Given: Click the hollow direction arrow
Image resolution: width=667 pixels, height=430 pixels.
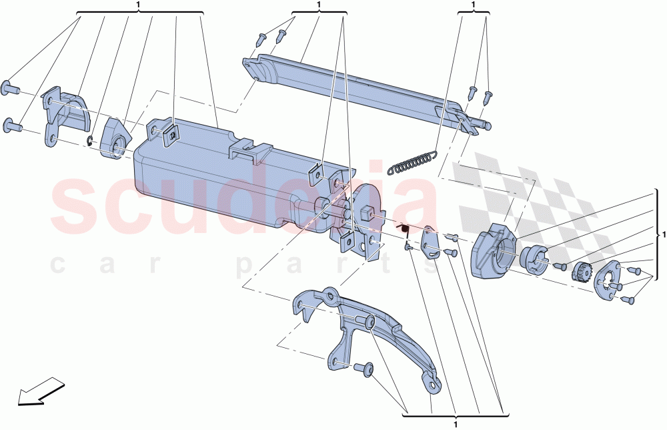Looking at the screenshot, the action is click(x=41, y=391).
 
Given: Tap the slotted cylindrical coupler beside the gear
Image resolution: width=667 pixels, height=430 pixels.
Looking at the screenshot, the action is click(x=534, y=259).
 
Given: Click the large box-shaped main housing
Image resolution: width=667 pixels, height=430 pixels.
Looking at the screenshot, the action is click(x=225, y=174).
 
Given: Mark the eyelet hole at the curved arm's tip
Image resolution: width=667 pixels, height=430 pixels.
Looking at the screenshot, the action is click(x=434, y=385).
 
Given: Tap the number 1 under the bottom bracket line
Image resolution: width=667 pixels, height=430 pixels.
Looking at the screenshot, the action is click(x=455, y=425).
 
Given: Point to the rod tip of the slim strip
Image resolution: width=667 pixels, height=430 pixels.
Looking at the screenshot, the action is click(x=488, y=126).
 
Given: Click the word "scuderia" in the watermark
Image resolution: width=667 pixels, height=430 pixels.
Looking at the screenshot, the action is click(x=243, y=198).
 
